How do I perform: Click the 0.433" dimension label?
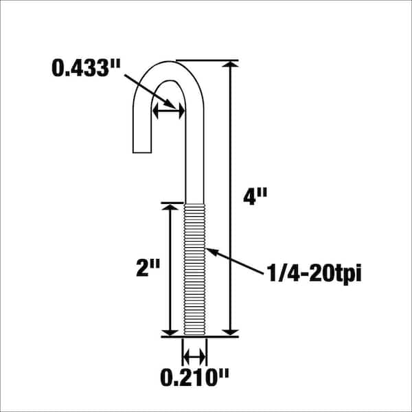click(x=86, y=68)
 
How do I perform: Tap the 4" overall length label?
click(x=255, y=197)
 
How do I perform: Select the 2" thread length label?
click(x=148, y=268)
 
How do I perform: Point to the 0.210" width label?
click(x=194, y=377)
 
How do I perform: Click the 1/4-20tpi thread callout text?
click(x=314, y=273)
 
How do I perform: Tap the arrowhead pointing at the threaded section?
click(x=212, y=251)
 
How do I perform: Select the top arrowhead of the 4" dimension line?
click(x=230, y=65)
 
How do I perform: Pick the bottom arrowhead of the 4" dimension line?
click(x=230, y=332)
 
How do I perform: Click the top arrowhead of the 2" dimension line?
click(x=170, y=207)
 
